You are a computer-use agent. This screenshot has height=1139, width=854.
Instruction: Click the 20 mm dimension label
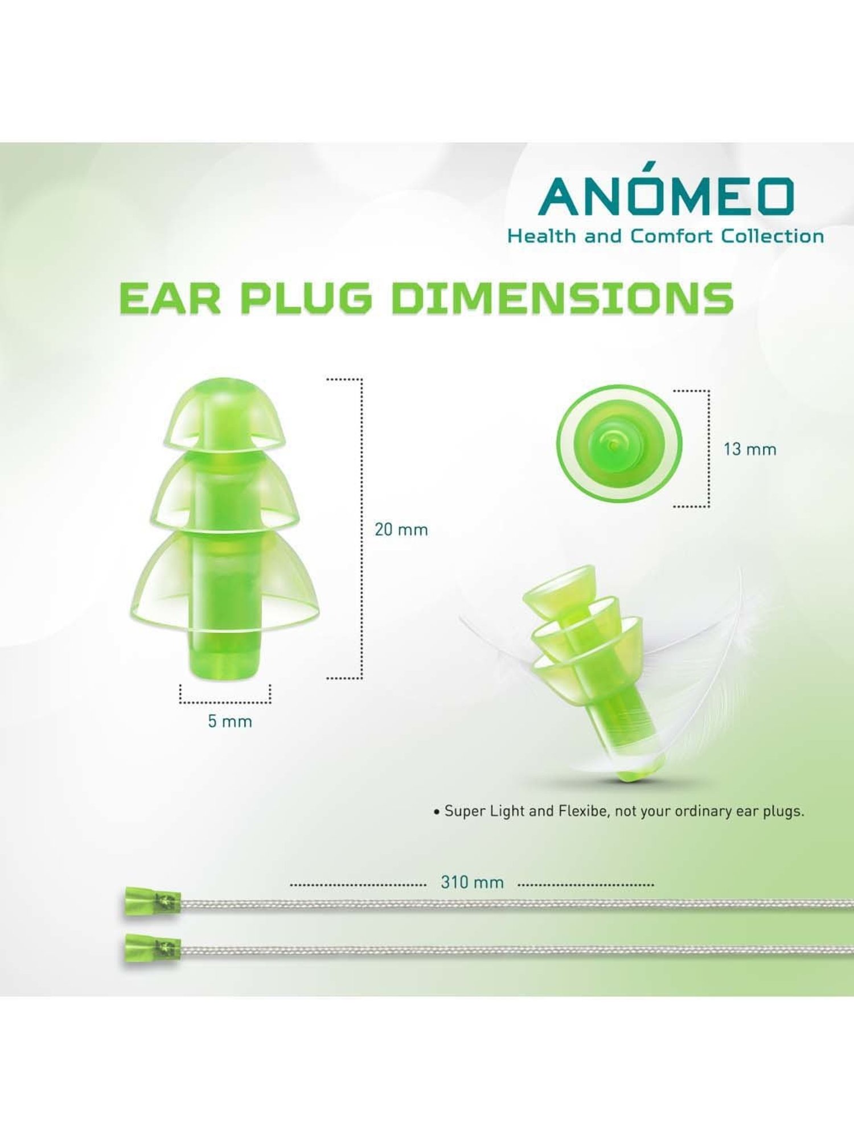tap(401, 530)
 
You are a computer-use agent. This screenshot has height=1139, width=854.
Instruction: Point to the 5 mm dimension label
tap(229, 722)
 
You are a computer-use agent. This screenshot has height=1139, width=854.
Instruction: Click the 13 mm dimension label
tap(750, 449)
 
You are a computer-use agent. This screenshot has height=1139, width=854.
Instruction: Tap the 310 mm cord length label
tap(472, 882)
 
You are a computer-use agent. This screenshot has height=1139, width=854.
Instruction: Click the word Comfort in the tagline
tap(672, 236)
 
